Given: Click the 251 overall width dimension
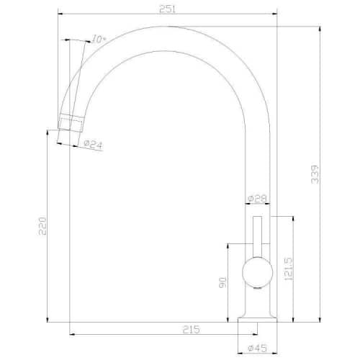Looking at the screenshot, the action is click(x=168, y=9).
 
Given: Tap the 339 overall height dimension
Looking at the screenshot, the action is click(x=315, y=174).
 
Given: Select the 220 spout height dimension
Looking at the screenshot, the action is click(x=42, y=226).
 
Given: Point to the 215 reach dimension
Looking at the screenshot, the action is click(x=192, y=330).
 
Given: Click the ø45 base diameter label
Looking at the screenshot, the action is click(x=258, y=348).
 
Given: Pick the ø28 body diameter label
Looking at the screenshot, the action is click(x=257, y=199).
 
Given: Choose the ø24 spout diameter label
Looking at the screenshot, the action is click(x=94, y=145).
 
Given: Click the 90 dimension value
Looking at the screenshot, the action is click(x=222, y=282).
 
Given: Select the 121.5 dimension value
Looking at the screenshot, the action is click(x=288, y=269).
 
